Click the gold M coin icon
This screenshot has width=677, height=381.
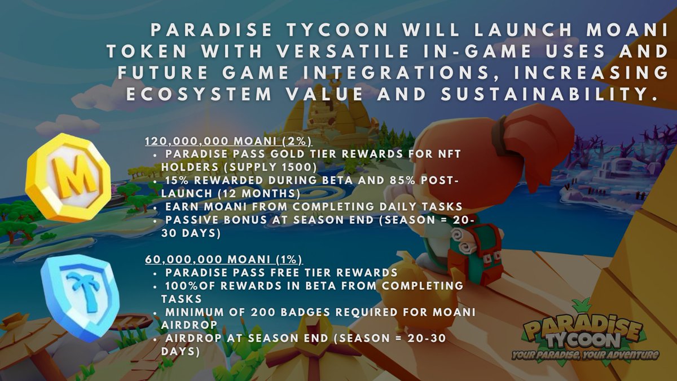(x=68, y=178)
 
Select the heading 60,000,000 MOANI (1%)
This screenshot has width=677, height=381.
(x=224, y=260)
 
